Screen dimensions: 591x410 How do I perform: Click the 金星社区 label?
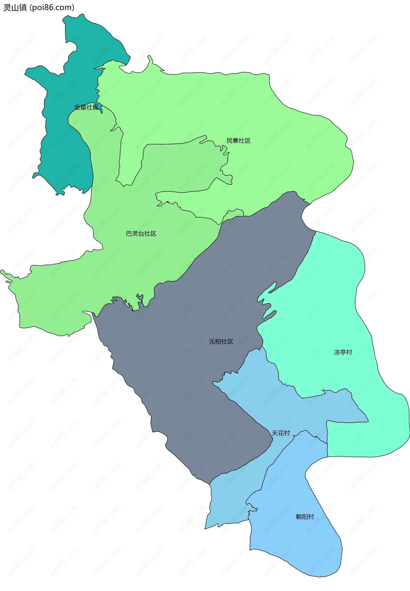(86, 107)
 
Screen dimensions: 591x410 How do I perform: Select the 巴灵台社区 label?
(141, 233)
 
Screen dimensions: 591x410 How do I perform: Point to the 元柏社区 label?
(221, 341)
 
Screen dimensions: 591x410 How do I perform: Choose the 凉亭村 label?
(343, 352)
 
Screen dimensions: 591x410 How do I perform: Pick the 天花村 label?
(281, 433)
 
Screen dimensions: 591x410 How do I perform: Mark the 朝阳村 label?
(305, 516)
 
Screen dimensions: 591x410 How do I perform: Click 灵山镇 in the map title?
(15, 7)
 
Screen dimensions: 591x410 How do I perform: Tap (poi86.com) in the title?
(52, 7)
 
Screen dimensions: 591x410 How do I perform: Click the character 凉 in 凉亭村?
(337, 352)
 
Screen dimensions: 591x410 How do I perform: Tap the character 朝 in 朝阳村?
(299, 516)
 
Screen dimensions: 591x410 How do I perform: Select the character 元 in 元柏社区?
(212, 341)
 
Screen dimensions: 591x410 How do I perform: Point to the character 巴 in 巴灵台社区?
(129, 233)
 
